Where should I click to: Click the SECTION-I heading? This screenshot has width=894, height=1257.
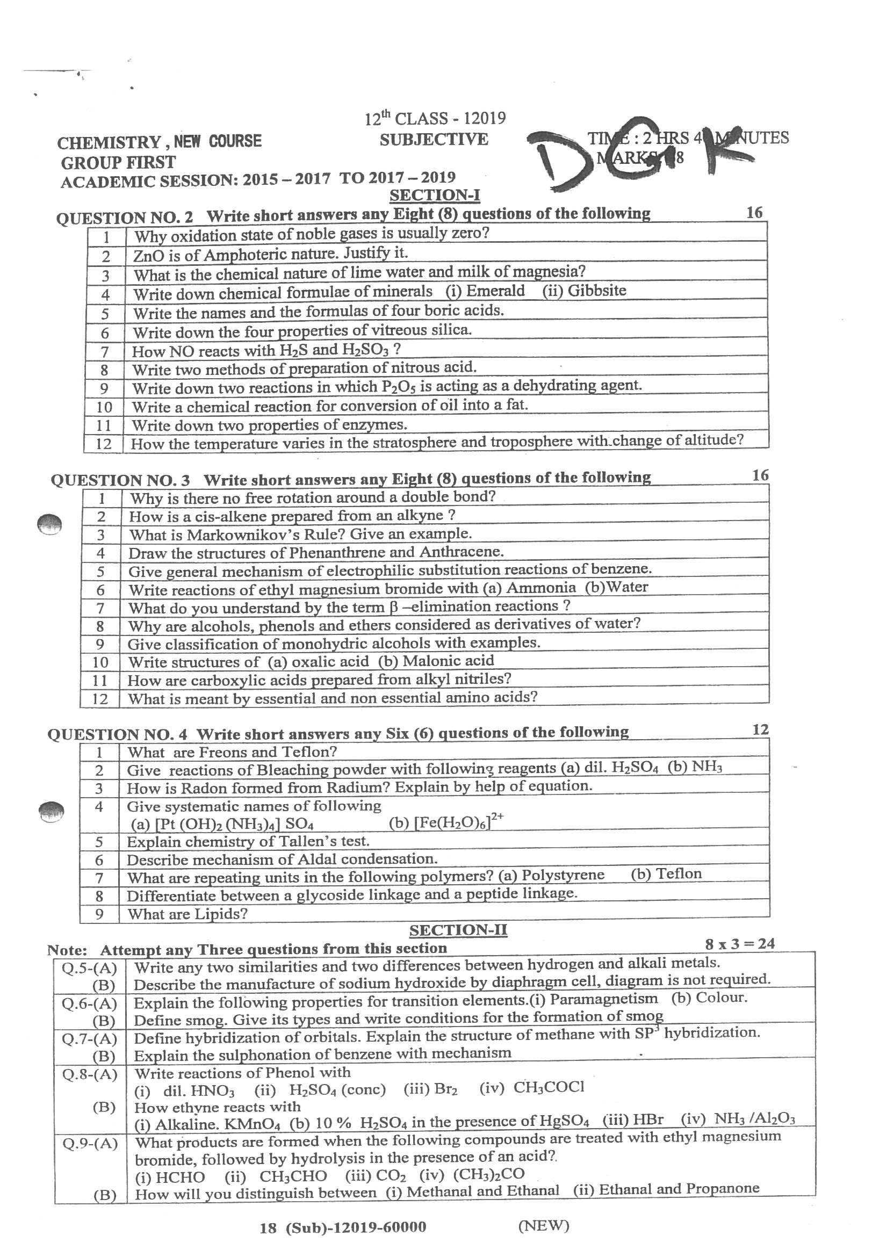pos(434,196)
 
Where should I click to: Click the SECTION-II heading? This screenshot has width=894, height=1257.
pos(458,930)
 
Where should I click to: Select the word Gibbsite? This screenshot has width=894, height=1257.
pos(597,290)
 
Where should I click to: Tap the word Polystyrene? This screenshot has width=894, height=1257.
pos(563,875)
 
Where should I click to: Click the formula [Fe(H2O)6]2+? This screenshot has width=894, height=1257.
pos(446,822)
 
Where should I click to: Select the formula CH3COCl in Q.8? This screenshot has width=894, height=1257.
pos(549,1087)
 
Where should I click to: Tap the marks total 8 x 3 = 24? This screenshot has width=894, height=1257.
pos(739,944)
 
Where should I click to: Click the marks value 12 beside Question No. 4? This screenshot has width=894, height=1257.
pos(760,730)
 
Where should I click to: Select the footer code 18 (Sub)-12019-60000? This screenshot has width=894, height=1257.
pos(342,1227)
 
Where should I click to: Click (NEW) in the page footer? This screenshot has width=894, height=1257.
pos(543,1225)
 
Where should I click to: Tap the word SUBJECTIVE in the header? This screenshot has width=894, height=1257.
pos(433,139)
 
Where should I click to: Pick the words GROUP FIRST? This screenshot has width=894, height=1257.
pos(118,163)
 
